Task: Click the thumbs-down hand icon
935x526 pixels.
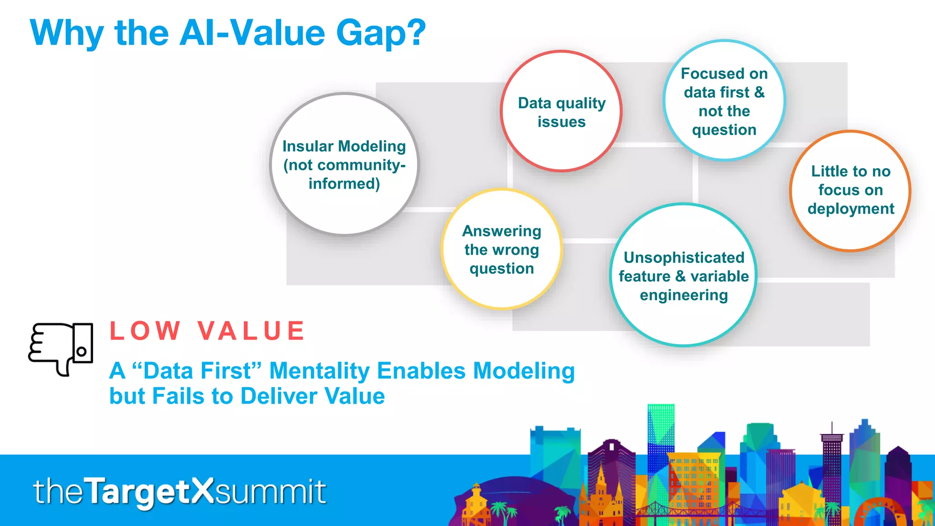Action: point(60,348)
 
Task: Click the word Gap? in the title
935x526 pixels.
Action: point(381,34)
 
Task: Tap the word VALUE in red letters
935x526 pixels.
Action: point(252,331)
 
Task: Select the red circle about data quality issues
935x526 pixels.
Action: point(561,111)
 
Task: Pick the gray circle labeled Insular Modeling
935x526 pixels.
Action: point(344,164)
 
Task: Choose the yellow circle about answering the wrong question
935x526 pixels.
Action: point(502,249)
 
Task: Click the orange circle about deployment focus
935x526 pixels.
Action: point(850,190)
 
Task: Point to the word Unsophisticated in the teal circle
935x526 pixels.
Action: point(683,258)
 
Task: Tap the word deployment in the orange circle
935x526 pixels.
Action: point(851,209)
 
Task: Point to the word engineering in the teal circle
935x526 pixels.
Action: point(683,295)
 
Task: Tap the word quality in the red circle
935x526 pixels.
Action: point(581,103)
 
